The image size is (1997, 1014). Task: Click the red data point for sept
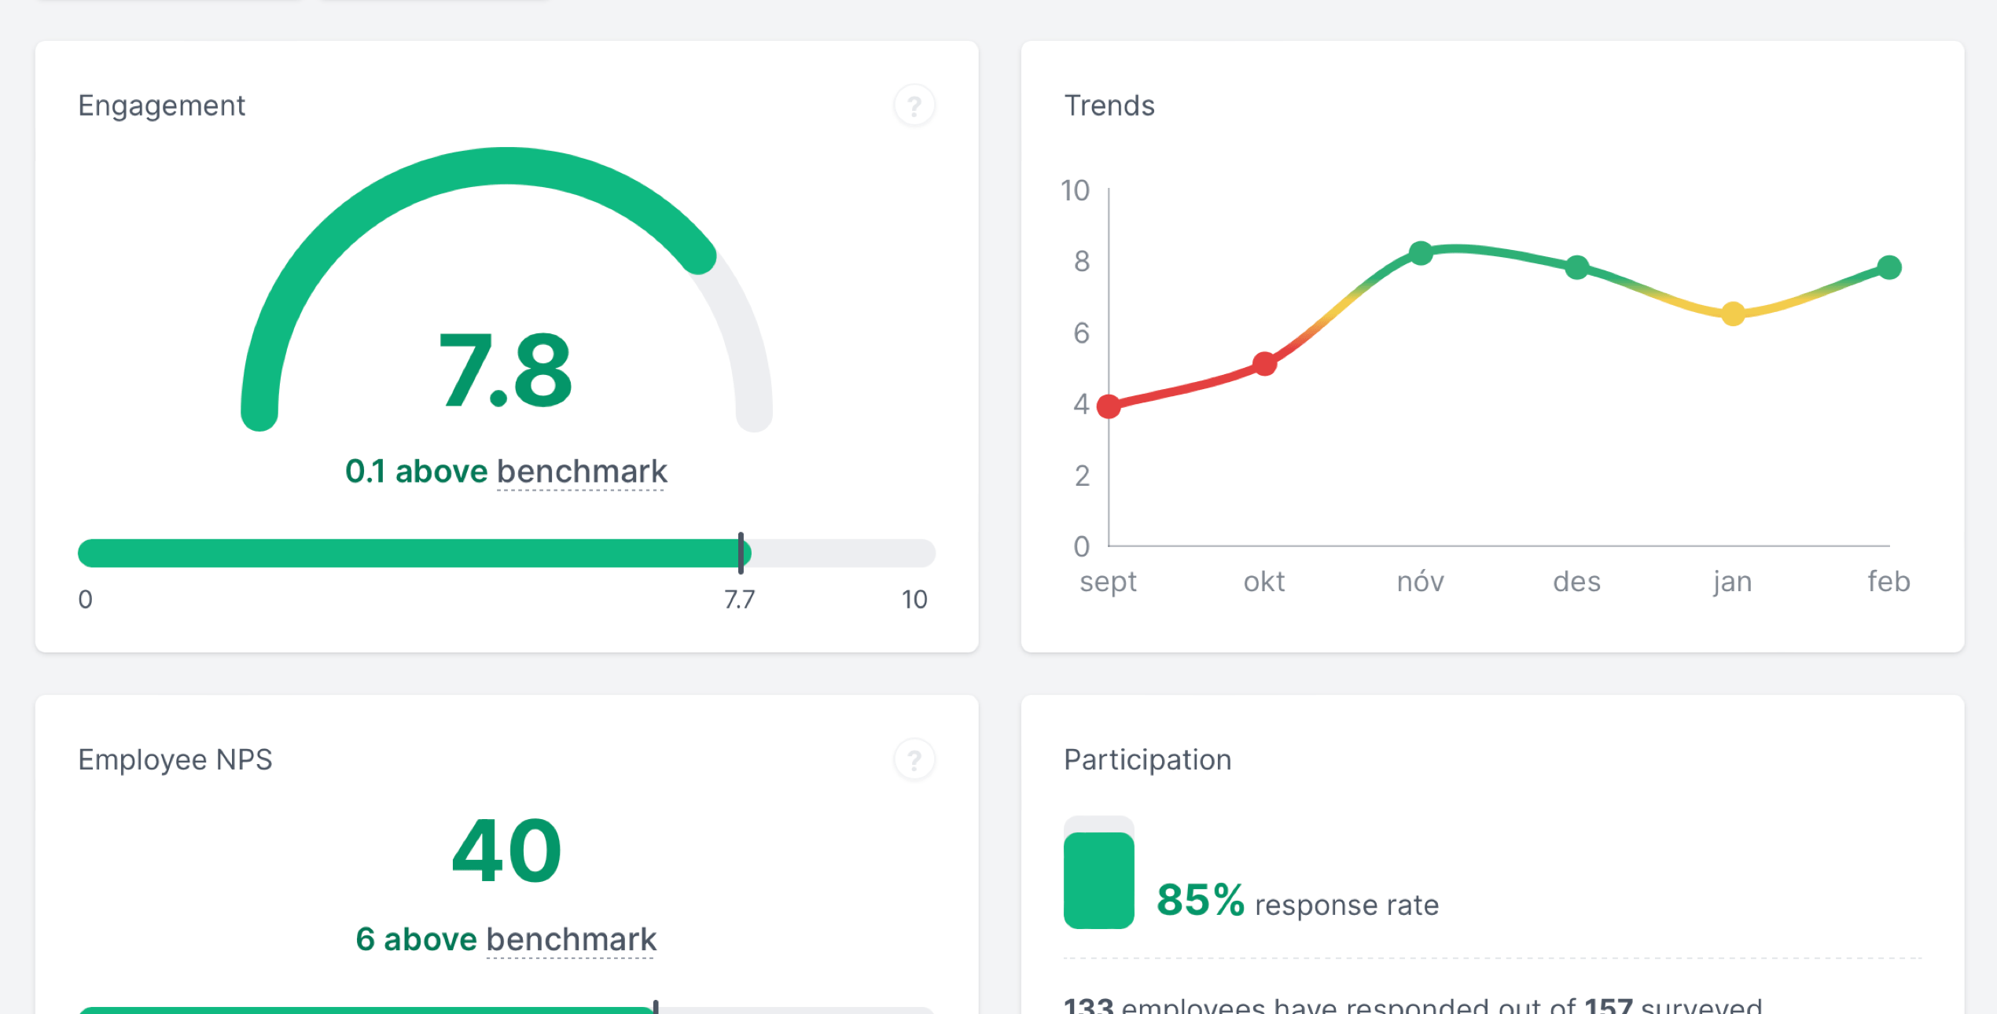pos(1109,406)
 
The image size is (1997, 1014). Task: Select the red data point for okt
pos(1264,364)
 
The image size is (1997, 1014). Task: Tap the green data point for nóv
pos(1421,253)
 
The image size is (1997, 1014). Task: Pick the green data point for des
pos(1576,267)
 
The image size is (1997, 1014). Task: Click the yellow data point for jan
pos(1733,314)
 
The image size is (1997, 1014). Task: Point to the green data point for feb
pos(1889,267)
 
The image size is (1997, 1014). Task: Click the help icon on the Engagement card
pos(914,105)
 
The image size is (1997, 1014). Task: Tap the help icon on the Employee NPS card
pos(914,760)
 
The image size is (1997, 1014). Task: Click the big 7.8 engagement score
pos(506,371)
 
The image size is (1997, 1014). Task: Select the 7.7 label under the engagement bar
pos(739,600)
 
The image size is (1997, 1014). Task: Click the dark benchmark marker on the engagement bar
pos(741,553)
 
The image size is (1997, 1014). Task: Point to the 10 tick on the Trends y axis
pos(1075,191)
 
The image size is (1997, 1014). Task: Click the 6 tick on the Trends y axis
pos(1081,333)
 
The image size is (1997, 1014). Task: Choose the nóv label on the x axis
pos(1420,582)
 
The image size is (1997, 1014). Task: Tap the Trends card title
pos(1109,105)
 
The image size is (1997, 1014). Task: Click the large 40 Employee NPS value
pos(506,851)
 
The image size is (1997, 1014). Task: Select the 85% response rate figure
pos(1201,900)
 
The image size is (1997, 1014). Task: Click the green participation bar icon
pos(1098,879)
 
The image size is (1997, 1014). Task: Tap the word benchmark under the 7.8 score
pos(582,472)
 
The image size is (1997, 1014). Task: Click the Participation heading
pos(1147,760)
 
